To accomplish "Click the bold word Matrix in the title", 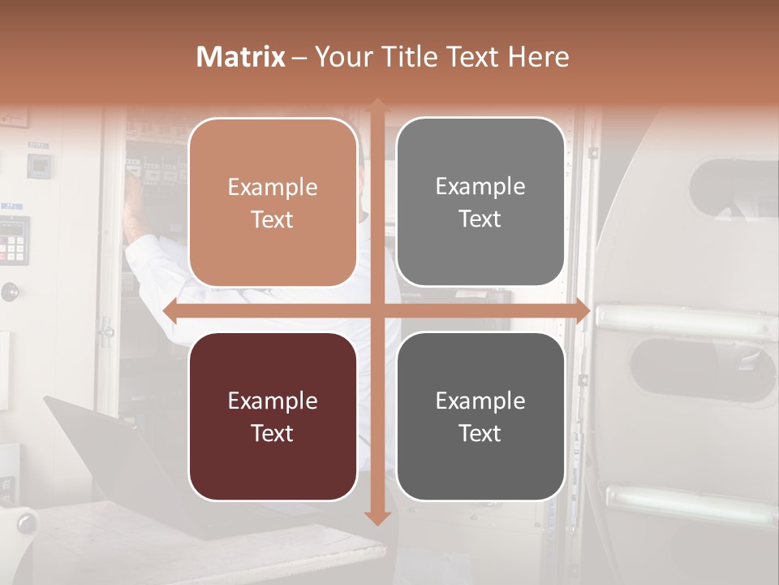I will (240, 57).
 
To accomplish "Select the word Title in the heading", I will (411, 57).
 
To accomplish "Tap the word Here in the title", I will (538, 57).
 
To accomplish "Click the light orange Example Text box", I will (273, 202).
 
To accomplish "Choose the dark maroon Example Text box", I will (273, 416).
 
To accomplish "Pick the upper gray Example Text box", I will (480, 202).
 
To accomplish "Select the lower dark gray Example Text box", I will (480, 416).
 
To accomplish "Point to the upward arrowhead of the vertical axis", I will (377, 105).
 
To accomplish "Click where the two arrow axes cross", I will (377, 310).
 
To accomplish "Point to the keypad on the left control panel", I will (13, 240).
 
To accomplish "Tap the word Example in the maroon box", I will (272, 401).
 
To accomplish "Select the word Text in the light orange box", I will (272, 219).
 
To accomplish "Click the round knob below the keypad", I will (10, 291).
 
